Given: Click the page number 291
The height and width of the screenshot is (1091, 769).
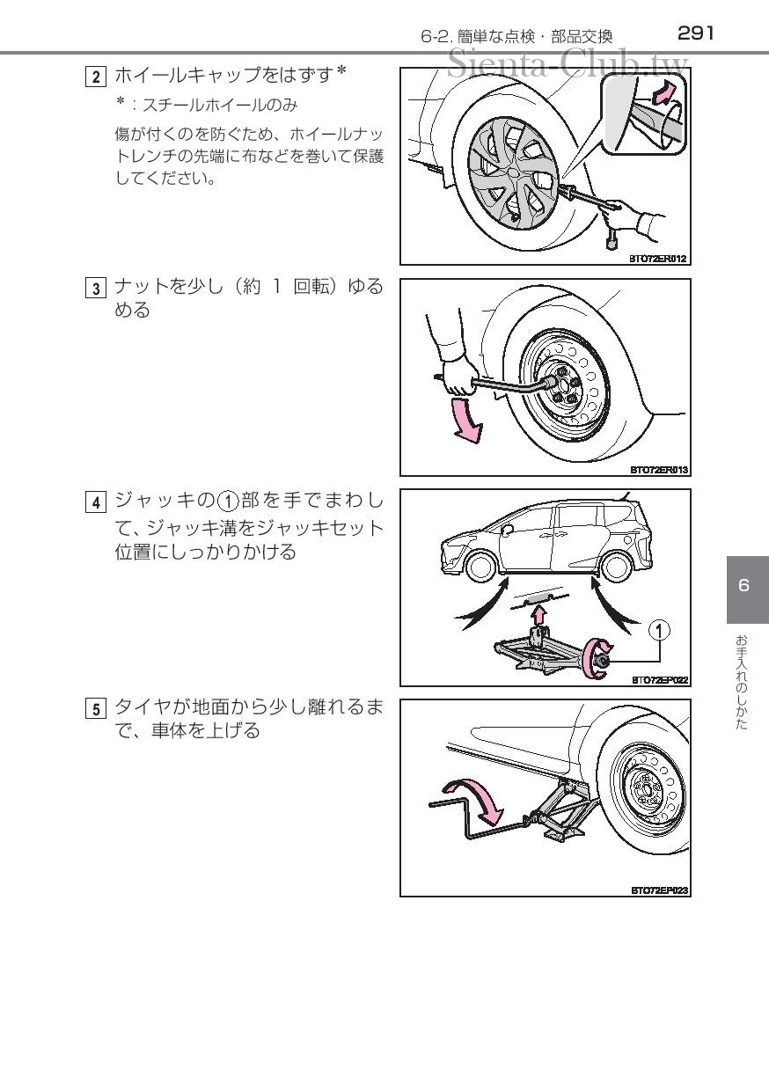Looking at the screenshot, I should tap(695, 33).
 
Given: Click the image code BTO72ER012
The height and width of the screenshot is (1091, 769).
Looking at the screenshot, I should tap(658, 259).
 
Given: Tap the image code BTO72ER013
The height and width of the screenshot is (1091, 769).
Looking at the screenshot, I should tap(658, 470).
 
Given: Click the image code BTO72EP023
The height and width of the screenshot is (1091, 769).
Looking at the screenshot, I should tap(659, 890).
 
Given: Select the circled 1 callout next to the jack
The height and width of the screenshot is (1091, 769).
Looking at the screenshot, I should tap(659, 630).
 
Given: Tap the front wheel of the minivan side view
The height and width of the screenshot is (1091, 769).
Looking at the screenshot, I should tap(480, 567).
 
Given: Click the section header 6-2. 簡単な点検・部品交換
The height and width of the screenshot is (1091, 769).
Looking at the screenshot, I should tap(516, 36).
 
